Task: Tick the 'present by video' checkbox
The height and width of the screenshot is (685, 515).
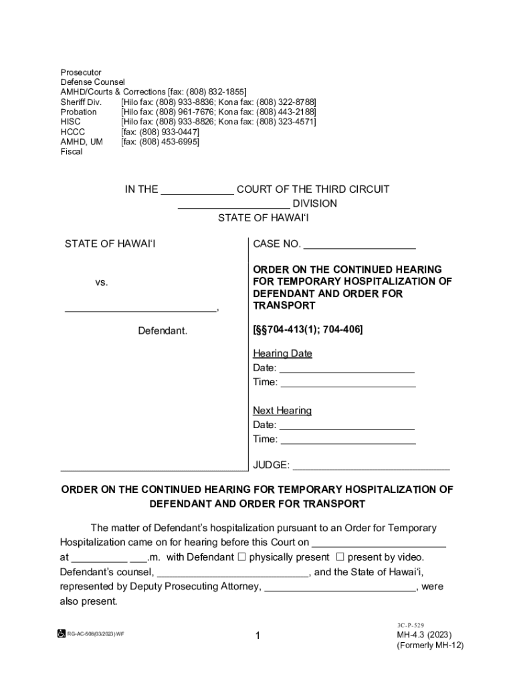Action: tap(339, 557)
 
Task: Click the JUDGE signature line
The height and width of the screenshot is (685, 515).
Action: tap(371, 469)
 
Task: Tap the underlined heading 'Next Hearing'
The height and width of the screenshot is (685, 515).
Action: tap(282, 411)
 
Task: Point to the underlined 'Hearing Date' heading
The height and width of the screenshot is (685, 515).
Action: tap(282, 354)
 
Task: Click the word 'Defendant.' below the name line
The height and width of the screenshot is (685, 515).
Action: tap(163, 331)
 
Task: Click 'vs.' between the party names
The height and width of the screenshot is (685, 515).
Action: tap(102, 283)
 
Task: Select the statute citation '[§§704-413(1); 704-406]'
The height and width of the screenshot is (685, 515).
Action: tap(308, 330)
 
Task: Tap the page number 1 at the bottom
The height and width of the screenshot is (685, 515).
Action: tap(257, 636)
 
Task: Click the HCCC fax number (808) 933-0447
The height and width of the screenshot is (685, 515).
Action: tap(160, 132)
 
